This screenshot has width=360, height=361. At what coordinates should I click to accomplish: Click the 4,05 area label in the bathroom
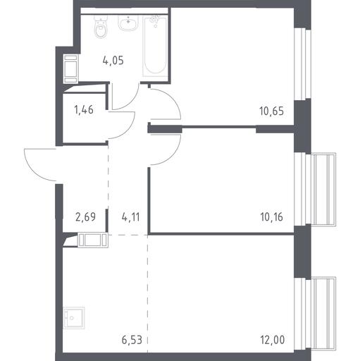click(113, 61)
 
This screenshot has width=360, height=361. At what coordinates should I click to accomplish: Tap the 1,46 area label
click(84, 109)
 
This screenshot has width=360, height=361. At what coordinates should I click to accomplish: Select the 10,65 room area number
click(272, 111)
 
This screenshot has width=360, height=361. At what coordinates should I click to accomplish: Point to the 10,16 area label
click(272, 217)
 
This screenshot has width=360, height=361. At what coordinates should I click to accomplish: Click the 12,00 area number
click(273, 340)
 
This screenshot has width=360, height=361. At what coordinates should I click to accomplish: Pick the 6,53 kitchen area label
click(132, 340)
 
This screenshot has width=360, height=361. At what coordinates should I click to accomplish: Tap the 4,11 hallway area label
click(131, 217)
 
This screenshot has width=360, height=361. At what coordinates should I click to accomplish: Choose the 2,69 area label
click(85, 217)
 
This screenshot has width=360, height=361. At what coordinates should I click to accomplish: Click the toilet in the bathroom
click(101, 27)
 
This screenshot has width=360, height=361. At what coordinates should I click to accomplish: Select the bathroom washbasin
click(128, 23)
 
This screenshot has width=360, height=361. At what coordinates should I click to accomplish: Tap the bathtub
click(155, 45)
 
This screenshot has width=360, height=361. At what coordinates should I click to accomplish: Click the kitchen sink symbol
click(74, 318)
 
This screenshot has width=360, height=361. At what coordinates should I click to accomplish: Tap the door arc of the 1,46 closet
click(128, 130)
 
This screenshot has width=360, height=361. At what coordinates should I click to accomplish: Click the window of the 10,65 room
click(302, 64)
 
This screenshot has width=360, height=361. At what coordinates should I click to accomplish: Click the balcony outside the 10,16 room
click(323, 190)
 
